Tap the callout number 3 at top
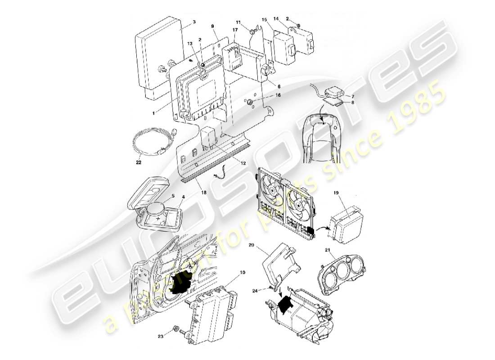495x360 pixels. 194,22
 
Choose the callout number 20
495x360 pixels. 251,245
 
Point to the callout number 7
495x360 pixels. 353,96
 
